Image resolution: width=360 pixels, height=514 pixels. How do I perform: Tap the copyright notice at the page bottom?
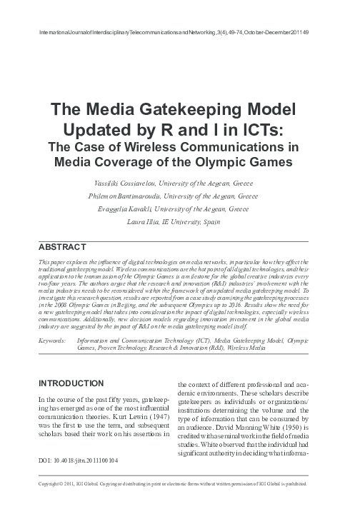(x=179, y=504)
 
